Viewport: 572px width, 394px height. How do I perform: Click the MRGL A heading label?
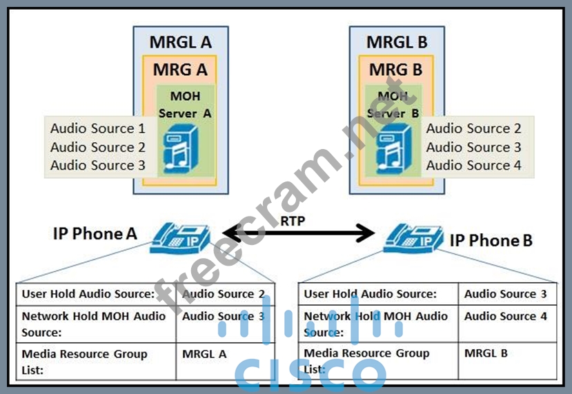tap(181, 42)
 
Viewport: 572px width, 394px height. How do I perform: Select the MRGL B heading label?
tap(397, 42)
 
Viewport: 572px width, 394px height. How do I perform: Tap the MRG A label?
tap(180, 70)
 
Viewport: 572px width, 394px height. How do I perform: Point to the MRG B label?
tap(397, 70)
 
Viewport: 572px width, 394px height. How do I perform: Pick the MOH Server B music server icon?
tap(391, 153)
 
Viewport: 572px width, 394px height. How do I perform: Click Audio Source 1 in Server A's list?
tap(97, 128)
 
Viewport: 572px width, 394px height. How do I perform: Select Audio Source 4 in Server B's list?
tap(473, 166)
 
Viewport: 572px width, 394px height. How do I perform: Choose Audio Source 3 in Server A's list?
tap(97, 166)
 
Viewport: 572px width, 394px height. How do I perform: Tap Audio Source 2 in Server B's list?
tap(473, 128)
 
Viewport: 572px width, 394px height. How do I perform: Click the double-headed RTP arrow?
tap(297, 235)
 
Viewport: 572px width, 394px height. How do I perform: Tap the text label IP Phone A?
tap(95, 233)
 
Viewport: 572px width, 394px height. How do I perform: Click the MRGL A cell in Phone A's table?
tap(204, 354)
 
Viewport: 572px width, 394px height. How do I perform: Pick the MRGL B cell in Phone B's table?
tap(486, 353)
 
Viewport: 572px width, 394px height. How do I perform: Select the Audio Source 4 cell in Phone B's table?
tap(505, 316)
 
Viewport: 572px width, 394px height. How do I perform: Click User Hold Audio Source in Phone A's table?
tap(88, 294)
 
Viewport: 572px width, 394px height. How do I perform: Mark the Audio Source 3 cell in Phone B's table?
tap(505, 294)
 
